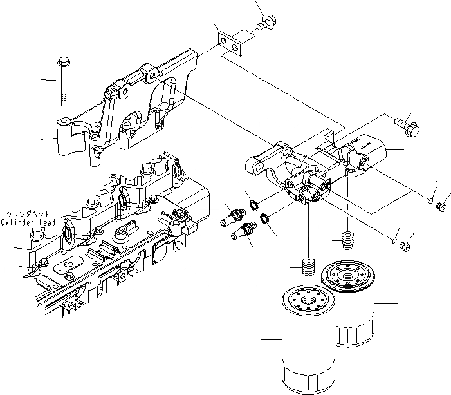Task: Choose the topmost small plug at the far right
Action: point(442,207)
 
